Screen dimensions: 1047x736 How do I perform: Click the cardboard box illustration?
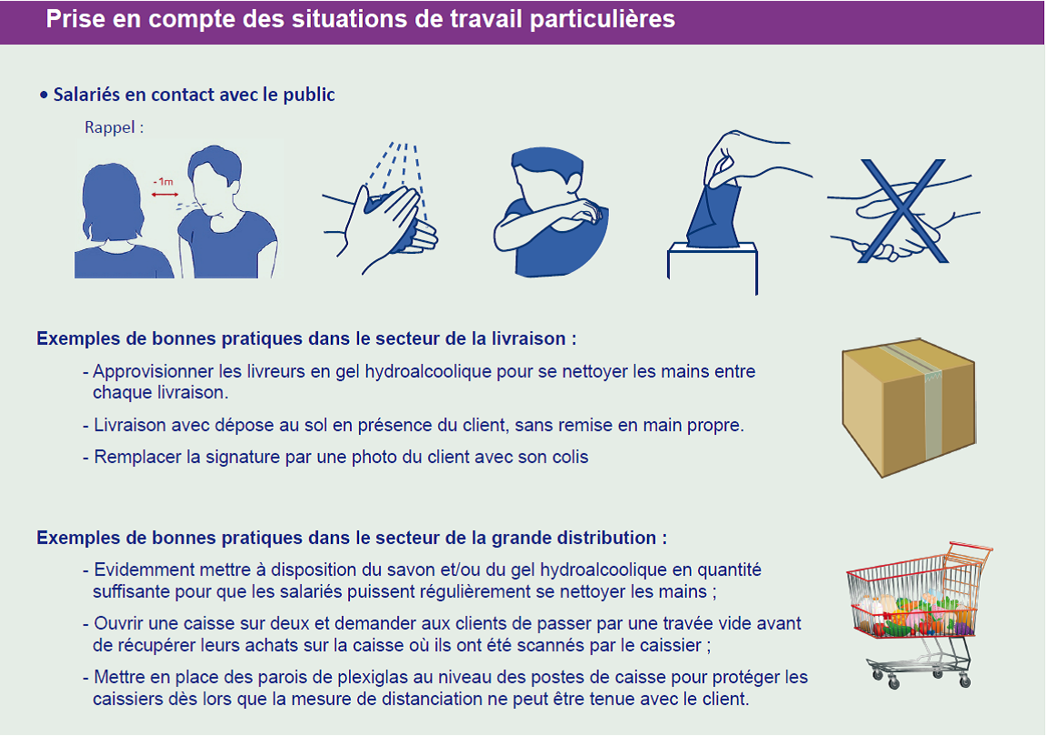909,408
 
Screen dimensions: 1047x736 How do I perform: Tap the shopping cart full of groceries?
919,615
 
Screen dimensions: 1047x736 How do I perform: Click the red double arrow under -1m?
165,195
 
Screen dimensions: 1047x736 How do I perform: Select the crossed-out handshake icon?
902,210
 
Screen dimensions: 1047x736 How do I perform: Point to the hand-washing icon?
380,208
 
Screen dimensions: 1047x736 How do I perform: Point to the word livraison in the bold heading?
528,339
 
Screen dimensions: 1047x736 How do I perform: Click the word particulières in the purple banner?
603,19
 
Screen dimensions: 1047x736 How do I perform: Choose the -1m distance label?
163,182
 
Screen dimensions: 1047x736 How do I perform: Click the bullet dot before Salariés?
44,96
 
